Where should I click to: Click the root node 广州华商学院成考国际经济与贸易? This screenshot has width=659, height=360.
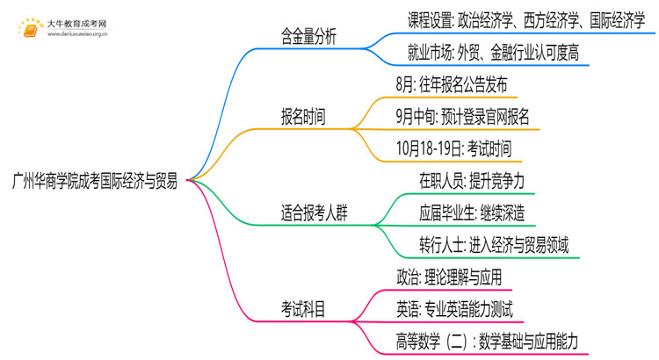coord(95,182)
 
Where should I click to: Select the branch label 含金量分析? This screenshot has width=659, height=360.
coord(308,37)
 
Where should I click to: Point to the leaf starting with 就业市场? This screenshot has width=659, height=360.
coord(493,53)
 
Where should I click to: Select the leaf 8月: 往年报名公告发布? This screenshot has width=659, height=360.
coord(452,86)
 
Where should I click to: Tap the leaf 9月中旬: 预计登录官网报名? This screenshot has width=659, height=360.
coord(468,118)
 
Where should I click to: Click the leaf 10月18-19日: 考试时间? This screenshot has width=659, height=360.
coord(454,148)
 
